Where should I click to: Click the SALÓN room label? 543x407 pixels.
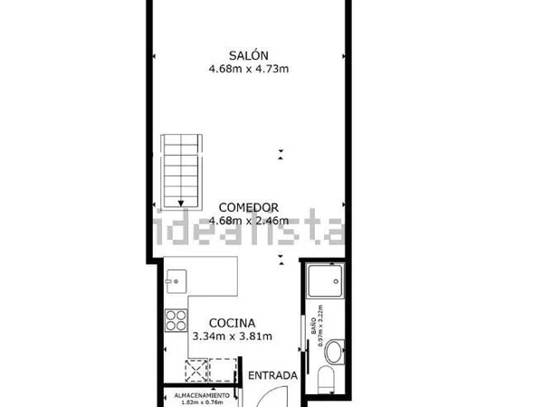(249, 55)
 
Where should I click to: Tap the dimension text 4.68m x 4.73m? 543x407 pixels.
(249, 69)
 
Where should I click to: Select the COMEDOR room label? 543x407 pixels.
(249, 208)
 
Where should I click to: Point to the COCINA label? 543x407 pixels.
(233, 323)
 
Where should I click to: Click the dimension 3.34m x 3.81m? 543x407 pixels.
(233, 336)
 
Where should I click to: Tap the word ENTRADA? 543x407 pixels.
(273, 375)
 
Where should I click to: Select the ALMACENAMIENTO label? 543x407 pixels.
(202, 395)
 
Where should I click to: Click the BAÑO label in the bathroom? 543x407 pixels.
(314, 326)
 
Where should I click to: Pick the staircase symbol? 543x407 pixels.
(182, 172)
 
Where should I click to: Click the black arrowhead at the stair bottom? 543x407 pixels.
(181, 203)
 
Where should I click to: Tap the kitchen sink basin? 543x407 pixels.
(176, 281)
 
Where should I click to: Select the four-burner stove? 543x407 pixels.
(176, 320)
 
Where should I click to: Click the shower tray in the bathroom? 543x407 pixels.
(326, 281)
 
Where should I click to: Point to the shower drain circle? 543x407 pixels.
(336, 281)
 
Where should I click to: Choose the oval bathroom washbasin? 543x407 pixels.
(334, 352)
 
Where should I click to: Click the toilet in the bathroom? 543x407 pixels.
(326, 380)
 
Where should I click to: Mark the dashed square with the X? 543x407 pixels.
(196, 371)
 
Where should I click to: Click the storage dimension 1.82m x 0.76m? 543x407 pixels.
(202, 402)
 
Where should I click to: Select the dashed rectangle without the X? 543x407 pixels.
(223, 370)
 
